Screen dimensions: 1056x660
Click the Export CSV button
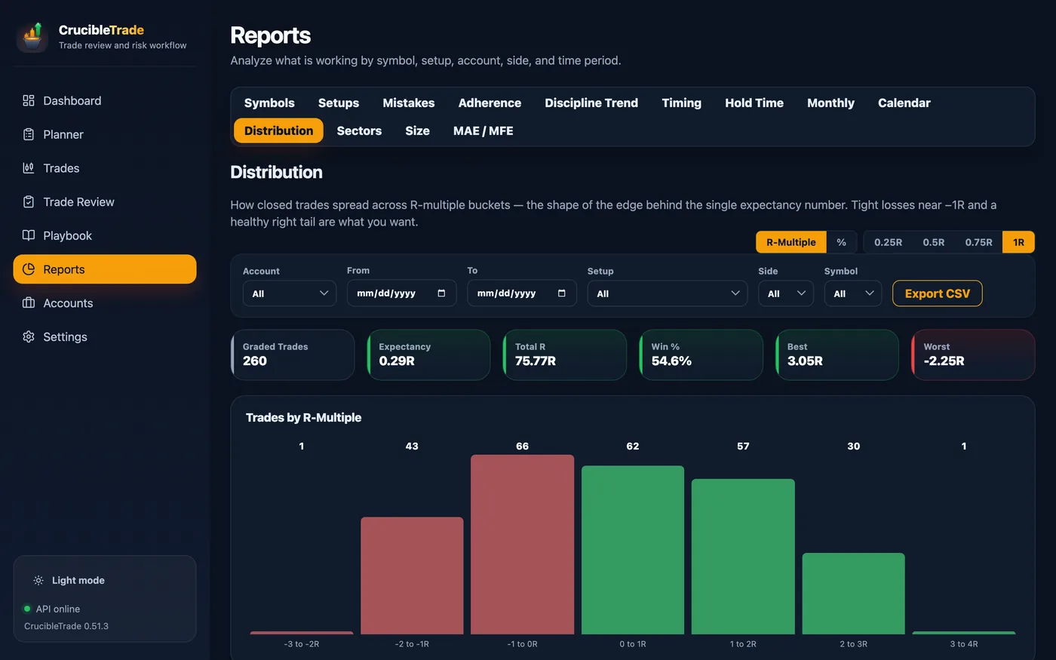[x=937, y=293]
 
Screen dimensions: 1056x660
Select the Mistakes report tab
[x=408, y=103]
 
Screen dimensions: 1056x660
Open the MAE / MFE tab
[x=483, y=130]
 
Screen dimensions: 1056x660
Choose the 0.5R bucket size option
[x=934, y=242]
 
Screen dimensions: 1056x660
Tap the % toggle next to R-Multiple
[x=842, y=242]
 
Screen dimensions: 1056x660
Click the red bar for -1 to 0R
[x=522, y=545]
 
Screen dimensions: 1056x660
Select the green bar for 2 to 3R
[x=853, y=594]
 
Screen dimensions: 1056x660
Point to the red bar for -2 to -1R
[x=412, y=576]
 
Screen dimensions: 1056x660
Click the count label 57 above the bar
[x=743, y=446]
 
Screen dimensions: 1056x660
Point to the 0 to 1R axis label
[x=633, y=644]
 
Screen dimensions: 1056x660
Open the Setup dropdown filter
[x=667, y=293]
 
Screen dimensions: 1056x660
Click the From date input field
[x=401, y=293]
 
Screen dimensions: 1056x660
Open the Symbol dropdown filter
[x=853, y=293]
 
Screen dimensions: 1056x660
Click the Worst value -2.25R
[x=944, y=361]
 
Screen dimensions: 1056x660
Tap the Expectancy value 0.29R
[x=397, y=361]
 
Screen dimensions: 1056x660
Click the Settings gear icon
[x=29, y=336]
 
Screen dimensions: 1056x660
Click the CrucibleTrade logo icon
[x=32, y=37]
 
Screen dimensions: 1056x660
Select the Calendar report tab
[x=904, y=103]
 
